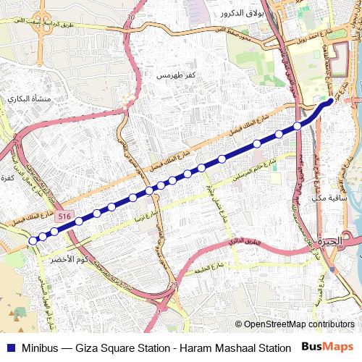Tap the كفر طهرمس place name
[177, 75]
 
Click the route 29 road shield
[172, 286]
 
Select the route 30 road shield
[131, 16]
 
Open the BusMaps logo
[329, 347]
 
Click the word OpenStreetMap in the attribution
[279, 324]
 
